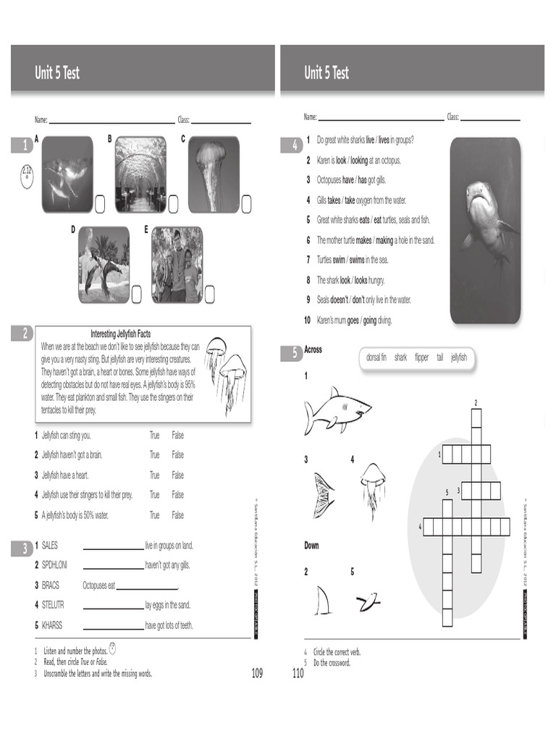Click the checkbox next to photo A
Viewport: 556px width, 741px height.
click(100, 204)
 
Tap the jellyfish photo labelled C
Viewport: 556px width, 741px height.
click(214, 174)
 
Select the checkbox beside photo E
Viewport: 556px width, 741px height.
click(210, 294)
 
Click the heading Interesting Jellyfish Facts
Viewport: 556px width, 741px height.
click(120, 334)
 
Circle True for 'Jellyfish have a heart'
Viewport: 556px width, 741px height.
click(154, 475)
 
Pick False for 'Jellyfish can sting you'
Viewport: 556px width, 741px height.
click(177, 436)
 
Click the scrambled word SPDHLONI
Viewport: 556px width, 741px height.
click(54, 565)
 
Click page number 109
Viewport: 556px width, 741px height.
click(257, 674)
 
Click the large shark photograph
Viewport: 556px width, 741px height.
click(485, 230)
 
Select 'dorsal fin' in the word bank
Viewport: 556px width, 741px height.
click(376, 357)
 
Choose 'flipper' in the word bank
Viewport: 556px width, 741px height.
click(421, 357)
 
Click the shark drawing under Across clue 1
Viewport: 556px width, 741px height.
click(337, 410)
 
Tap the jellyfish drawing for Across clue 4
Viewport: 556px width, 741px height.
click(372, 489)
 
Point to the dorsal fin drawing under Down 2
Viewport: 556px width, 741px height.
click(323, 598)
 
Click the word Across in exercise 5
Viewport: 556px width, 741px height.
click(313, 350)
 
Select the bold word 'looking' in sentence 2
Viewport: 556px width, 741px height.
click(359, 161)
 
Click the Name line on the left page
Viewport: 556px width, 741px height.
click(111, 122)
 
